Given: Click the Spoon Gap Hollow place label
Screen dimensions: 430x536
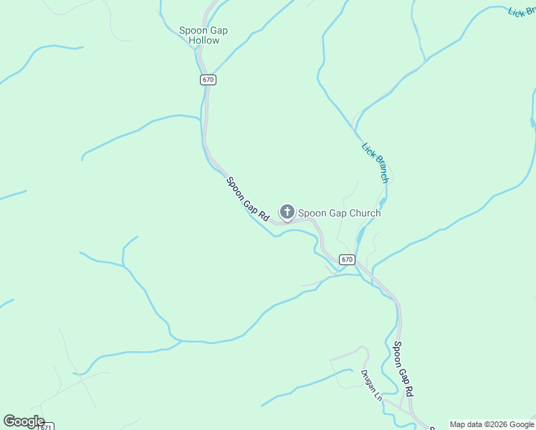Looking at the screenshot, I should point(204,35).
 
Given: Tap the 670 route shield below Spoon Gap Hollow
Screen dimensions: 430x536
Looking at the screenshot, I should point(208,80).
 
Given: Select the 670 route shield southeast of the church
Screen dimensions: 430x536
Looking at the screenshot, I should point(347,259).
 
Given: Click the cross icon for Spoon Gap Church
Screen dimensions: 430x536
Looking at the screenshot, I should point(287,211).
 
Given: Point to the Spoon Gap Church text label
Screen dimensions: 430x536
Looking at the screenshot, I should point(339,213).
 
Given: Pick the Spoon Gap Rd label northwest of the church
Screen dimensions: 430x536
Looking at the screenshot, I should point(247,199).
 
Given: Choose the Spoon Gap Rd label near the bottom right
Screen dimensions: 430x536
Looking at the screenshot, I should point(403,370).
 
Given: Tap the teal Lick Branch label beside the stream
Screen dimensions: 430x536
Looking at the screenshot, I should point(375,163).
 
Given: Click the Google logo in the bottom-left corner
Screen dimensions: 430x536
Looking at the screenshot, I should point(24,421).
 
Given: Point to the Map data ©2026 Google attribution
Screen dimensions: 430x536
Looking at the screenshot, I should point(492,424).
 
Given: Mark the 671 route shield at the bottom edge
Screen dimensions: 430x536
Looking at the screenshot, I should point(45,426).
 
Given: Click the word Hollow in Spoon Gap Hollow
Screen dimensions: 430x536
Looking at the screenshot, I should point(204,41).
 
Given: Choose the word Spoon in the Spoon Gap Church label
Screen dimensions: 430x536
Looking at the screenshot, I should point(312,213).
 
